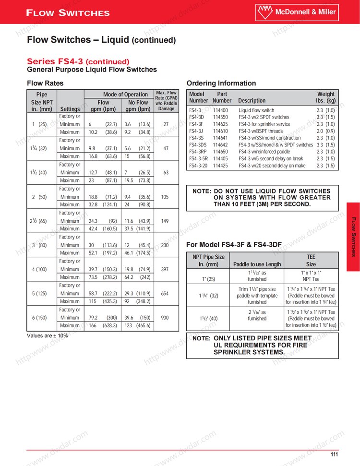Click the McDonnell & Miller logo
click(303, 12)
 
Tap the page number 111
click(335, 454)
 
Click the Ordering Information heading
click(221, 83)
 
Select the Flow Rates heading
click(45, 83)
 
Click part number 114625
click(220, 124)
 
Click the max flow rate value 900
click(166, 317)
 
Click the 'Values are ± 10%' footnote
click(48, 335)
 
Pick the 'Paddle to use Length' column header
click(257, 264)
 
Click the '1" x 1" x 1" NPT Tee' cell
click(311, 275)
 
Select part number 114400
click(220, 110)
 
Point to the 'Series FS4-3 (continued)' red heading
click(78, 61)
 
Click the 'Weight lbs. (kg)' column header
click(326, 97)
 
